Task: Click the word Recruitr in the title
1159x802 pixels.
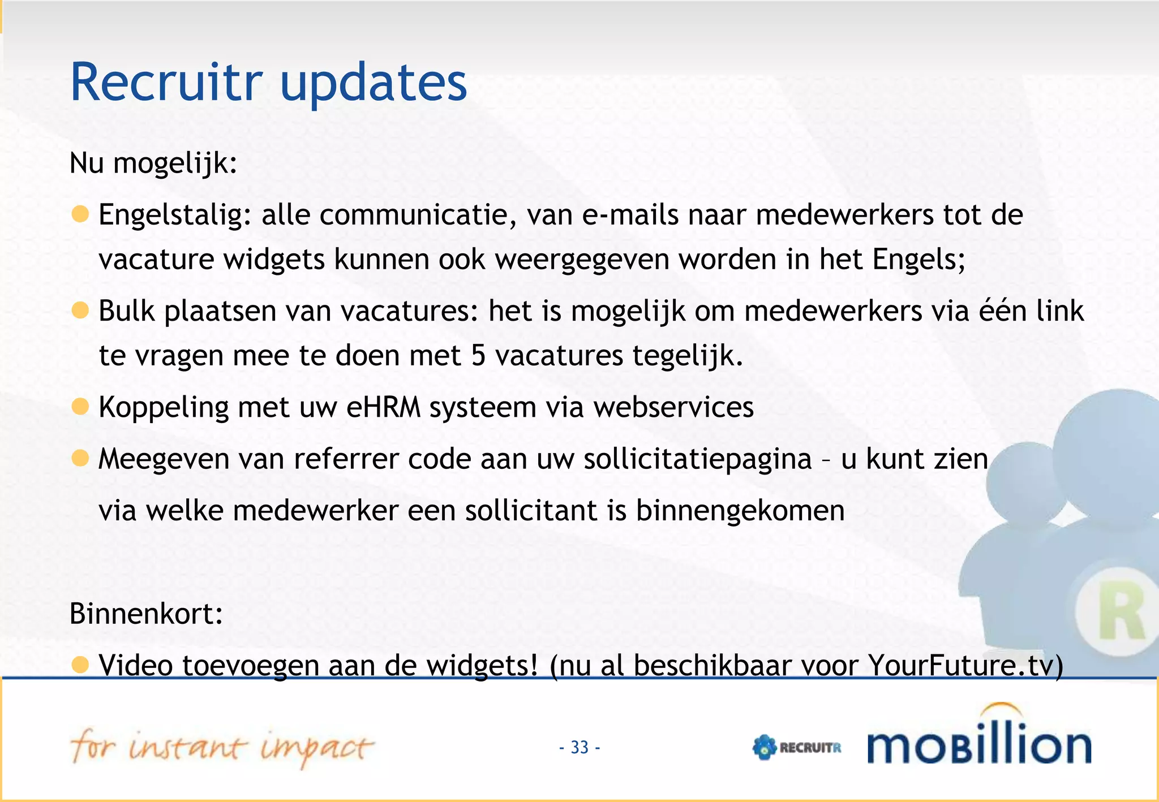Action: tap(166, 82)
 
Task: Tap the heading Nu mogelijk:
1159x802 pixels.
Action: tap(153, 163)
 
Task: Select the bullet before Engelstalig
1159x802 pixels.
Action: tap(80, 214)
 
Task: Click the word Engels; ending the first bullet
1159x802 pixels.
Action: tap(918, 260)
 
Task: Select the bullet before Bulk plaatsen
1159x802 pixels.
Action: tap(80, 310)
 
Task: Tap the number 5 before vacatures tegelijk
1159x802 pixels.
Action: tap(478, 356)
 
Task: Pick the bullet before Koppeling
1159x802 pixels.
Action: tap(80, 406)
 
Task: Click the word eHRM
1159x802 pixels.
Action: tap(383, 407)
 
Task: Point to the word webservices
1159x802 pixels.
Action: tap(673, 407)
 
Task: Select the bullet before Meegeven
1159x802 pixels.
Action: tap(80, 458)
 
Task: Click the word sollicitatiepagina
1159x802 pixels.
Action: tap(698, 459)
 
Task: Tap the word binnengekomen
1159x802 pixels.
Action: tap(740, 510)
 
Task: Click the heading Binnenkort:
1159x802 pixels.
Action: tap(146, 614)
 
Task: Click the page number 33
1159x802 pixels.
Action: tap(579, 747)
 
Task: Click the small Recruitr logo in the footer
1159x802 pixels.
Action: tap(797, 747)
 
